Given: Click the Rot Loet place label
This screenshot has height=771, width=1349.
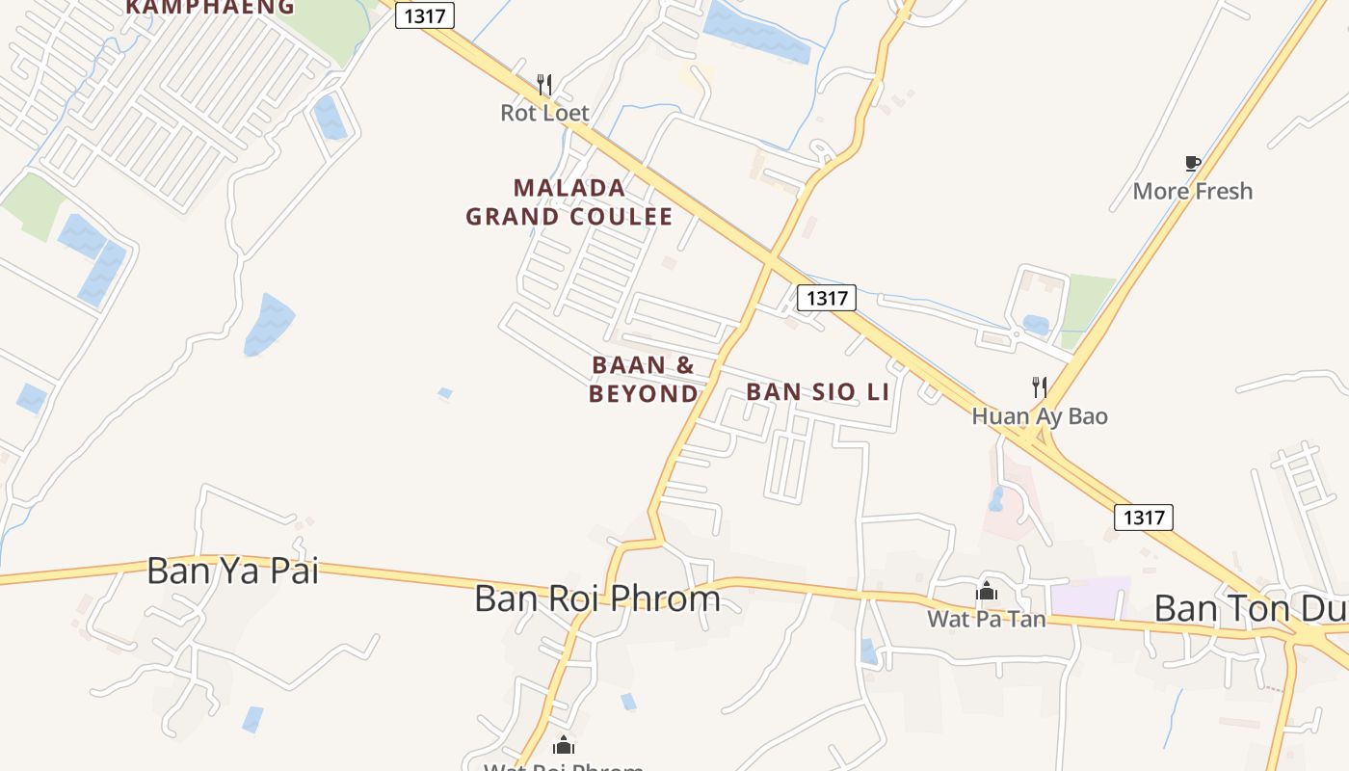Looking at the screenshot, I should (544, 113).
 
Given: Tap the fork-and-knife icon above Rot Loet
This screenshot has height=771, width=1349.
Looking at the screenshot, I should (544, 85).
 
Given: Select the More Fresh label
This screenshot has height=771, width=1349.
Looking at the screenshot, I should (1193, 191).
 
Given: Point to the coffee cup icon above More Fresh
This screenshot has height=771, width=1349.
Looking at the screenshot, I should (1193, 163).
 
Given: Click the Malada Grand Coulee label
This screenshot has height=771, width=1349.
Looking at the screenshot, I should (569, 201).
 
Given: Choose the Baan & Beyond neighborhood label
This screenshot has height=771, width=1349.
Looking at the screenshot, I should (643, 379).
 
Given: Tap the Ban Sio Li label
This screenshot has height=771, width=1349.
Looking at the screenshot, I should (817, 392).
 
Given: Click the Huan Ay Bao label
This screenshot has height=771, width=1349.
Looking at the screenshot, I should (1040, 416).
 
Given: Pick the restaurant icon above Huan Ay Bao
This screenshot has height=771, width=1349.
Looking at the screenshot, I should (1040, 387).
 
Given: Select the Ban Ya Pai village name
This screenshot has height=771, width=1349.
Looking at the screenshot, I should (232, 571).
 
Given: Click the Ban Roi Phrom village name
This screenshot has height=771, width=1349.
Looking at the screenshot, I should (597, 598).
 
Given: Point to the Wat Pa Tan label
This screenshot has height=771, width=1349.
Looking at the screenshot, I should (986, 619).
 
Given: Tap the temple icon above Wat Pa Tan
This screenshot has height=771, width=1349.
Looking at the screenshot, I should (986, 591).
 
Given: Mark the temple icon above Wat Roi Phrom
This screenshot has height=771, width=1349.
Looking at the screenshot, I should (564, 745).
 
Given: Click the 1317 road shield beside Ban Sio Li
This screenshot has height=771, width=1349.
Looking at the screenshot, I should (827, 298).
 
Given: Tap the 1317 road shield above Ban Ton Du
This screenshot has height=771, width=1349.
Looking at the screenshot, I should (1144, 518).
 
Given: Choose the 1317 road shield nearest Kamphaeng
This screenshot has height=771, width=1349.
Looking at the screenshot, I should (425, 15).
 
